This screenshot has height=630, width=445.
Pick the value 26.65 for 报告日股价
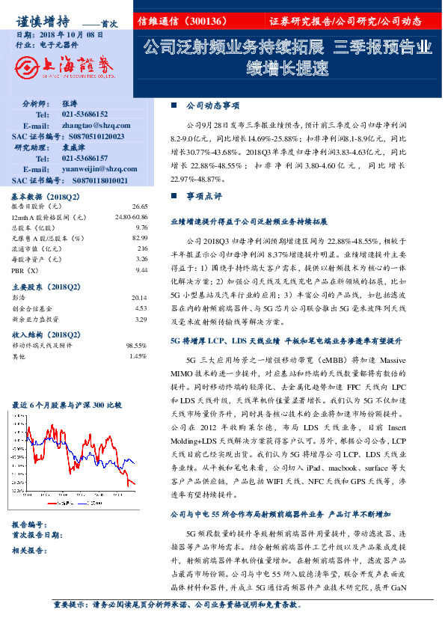click(139, 206)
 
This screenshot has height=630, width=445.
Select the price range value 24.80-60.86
click(132, 216)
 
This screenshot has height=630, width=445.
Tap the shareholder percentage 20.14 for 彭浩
click(139, 298)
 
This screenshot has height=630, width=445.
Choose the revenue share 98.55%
click(136, 346)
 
